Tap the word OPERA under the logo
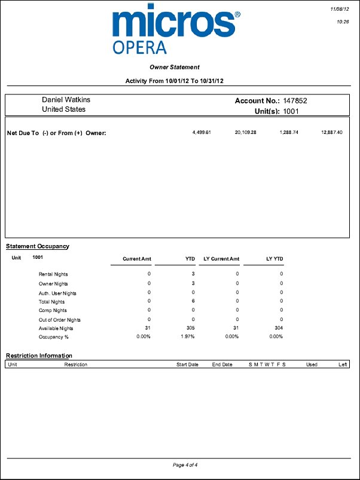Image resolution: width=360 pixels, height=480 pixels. pos(139,48)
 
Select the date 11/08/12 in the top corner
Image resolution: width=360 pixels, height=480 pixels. pos(340,9)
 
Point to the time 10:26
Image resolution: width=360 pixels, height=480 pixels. pos(343,22)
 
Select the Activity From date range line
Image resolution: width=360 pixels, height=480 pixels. pos(178,81)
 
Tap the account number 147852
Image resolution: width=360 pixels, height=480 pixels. pos(295,101)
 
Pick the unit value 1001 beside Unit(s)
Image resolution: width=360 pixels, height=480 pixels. pos(291,111)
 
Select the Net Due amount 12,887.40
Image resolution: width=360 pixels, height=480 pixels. pos(331,132)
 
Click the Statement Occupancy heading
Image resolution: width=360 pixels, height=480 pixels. pos(37,246)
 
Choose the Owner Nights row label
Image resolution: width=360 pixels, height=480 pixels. pos(53,283)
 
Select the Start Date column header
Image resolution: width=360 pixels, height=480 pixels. pos(187,364)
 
